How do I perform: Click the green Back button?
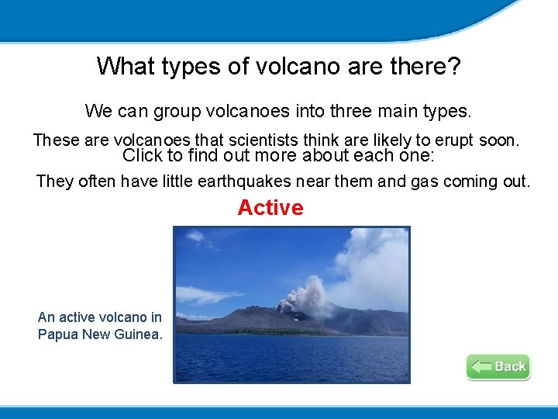coord(498,366)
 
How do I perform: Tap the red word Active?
coord(270,208)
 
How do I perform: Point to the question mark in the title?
coord(454,66)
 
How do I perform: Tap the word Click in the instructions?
coord(143,155)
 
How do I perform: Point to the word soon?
coord(499,140)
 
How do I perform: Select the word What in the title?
coord(126,66)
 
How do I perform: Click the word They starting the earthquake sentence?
coord(54,182)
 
